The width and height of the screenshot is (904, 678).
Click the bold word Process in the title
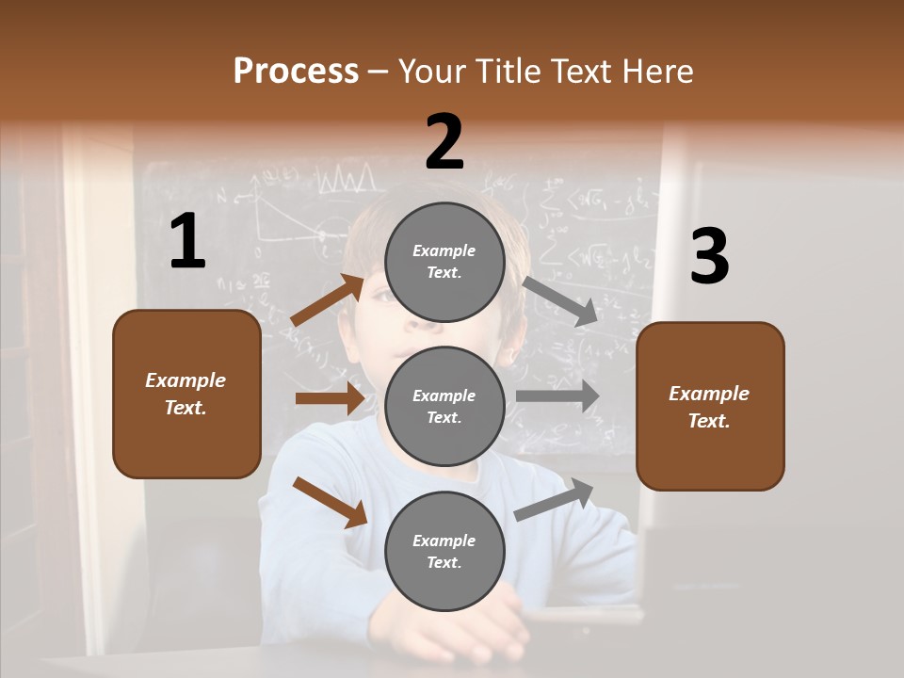point(296,72)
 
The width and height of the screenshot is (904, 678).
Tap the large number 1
point(187,242)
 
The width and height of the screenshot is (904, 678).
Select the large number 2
point(444,142)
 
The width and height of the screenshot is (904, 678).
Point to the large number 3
point(709,257)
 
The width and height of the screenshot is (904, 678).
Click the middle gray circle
point(444,406)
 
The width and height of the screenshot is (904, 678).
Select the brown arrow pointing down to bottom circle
point(330,502)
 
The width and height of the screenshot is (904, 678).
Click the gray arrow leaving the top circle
point(560,301)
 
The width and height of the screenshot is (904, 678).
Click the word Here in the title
point(657,72)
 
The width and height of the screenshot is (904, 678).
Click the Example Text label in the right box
point(709,407)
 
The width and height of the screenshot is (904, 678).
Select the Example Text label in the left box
point(186,394)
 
